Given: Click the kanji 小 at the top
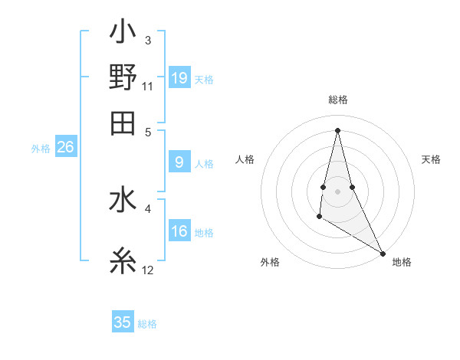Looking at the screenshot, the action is (x=123, y=34).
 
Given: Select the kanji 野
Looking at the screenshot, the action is (x=123, y=77).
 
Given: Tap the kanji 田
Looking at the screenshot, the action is (x=123, y=122).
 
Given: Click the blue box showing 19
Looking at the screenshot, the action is (x=179, y=77).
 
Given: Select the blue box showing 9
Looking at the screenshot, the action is (x=179, y=162).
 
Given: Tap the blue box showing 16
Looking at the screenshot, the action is (x=179, y=232).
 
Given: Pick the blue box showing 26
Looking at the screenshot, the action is (x=65, y=148).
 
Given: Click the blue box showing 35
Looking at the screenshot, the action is (x=123, y=322).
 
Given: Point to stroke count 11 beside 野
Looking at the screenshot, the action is (x=148, y=85).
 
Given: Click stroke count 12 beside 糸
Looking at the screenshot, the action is (x=148, y=270).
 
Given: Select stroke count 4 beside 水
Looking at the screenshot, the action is (x=147, y=207).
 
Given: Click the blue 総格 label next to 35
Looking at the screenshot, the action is (x=147, y=324).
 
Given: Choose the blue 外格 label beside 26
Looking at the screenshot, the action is (x=40, y=149).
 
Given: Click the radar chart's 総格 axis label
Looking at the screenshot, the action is (x=338, y=100).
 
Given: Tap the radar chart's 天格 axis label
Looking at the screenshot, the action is (x=431, y=159).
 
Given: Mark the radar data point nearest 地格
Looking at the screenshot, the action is (x=383, y=253).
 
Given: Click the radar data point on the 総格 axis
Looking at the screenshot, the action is (x=338, y=129).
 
